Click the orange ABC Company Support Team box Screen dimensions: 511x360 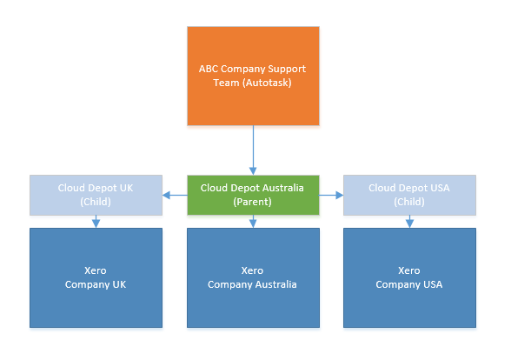[253, 76]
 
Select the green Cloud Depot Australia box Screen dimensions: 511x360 [253, 195]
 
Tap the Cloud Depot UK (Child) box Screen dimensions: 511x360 [96, 195]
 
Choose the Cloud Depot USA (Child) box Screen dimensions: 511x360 [409, 195]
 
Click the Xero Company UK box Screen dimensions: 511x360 [96, 278]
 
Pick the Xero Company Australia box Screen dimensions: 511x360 [253, 278]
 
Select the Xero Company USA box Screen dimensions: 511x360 [409, 278]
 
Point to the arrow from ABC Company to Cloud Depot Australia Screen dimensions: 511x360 [253, 150]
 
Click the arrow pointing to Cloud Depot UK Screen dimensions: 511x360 [175, 195]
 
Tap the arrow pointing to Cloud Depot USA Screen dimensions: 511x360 [331, 195]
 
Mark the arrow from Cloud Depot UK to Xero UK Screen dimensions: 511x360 [96, 222]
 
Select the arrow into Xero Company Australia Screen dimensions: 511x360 [253, 222]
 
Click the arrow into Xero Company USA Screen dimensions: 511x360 [409, 222]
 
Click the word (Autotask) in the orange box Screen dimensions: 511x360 [267, 83]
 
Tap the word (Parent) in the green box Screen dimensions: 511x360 [252, 202]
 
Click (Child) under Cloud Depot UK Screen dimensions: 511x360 [96, 202]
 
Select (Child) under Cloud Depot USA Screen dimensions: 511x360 [409, 202]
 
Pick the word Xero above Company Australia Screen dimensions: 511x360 [252, 270]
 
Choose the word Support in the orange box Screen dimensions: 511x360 [287, 70]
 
